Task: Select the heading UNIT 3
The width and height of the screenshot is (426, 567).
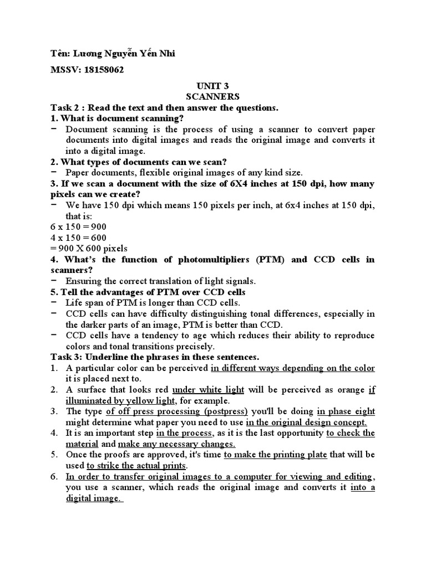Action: pyautogui.click(x=212, y=86)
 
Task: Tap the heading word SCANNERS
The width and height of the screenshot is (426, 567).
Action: pyautogui.click(x=212, y=96)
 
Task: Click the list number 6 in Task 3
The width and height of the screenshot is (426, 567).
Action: pyautogui.click(x=54, y=476)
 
